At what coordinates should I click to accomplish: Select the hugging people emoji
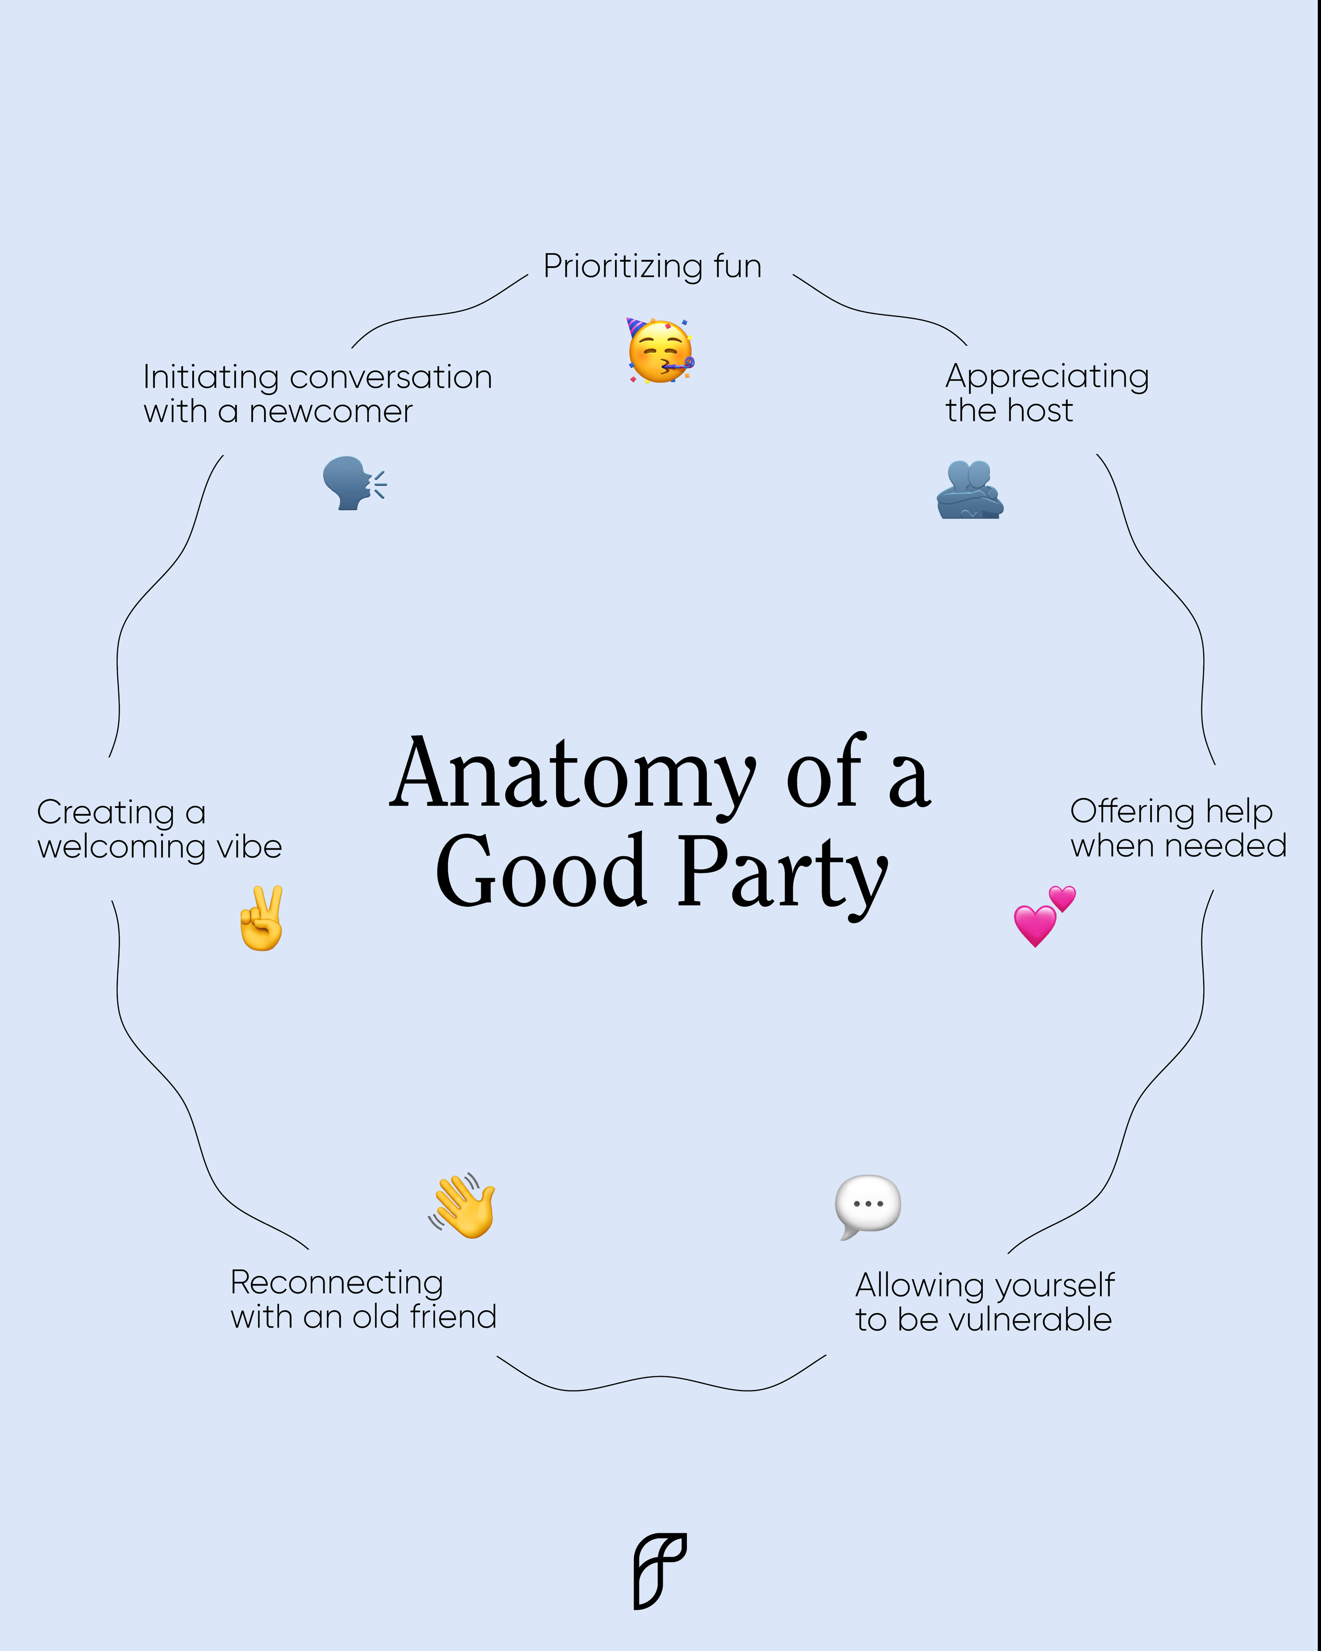tap(970, 490)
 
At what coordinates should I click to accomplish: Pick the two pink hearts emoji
tap(1044, 917)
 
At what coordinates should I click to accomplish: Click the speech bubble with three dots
tap(868, 1206)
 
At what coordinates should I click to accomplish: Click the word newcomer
tap(331, 412)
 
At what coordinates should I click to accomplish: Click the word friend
tap(453, 1317)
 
